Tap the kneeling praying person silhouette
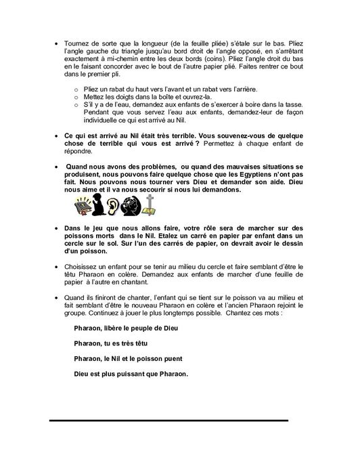click(x=97, y=205)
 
